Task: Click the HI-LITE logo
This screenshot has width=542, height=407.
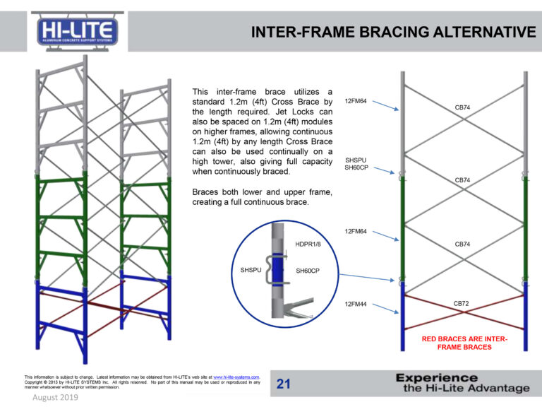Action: pyautogui.click(x=78, y=32)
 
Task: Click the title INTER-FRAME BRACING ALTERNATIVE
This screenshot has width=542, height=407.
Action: pyautogui.click(x=393, y=32)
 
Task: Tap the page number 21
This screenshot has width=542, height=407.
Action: pyautogui.click(x=284, y=384)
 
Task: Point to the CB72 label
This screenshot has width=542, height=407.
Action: pyautogui.click(x=462, y=303)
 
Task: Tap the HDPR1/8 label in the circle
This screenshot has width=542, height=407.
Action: pyautogui.click(x=308, y=244)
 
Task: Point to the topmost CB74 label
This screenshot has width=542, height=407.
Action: pyautogui.click(x=463, y=107)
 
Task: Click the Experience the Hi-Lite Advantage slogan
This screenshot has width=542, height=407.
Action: pyautogui.click(x=462, y=383)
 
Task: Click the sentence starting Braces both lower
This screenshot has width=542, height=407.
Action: pyautogui.click(x=262, y=197)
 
